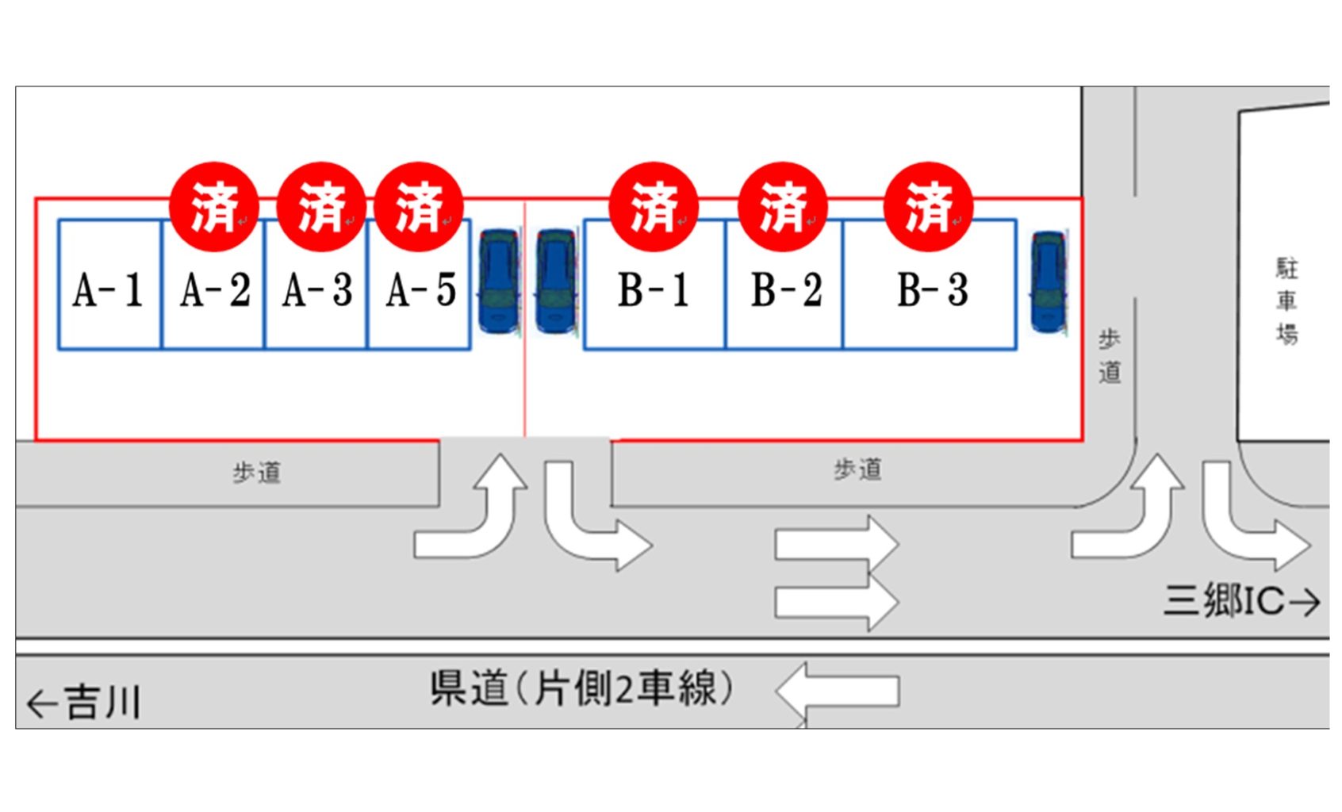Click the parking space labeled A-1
click(x=109, y=289)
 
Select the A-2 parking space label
click(x=214, y=289)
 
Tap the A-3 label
click(x=317, y=289)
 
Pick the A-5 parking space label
click(x=421, y=289)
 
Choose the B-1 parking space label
click(x=654, y=289)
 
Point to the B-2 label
click(x=786, y=289)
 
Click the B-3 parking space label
click(x=932, y=289)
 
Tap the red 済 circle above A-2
click(x=214, y=207)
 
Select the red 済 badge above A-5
click(x=419, y=207)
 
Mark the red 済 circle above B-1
click(x=654, y=207)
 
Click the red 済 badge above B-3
click(x=928, y=207)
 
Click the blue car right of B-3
click(x=1048, y=282)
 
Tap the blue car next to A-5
click(x=498, y=282)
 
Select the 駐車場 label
click(x=1286, y=301)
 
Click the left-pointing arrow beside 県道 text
click(x=838, y=691)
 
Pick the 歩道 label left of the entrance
click(x=256, y=473)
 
